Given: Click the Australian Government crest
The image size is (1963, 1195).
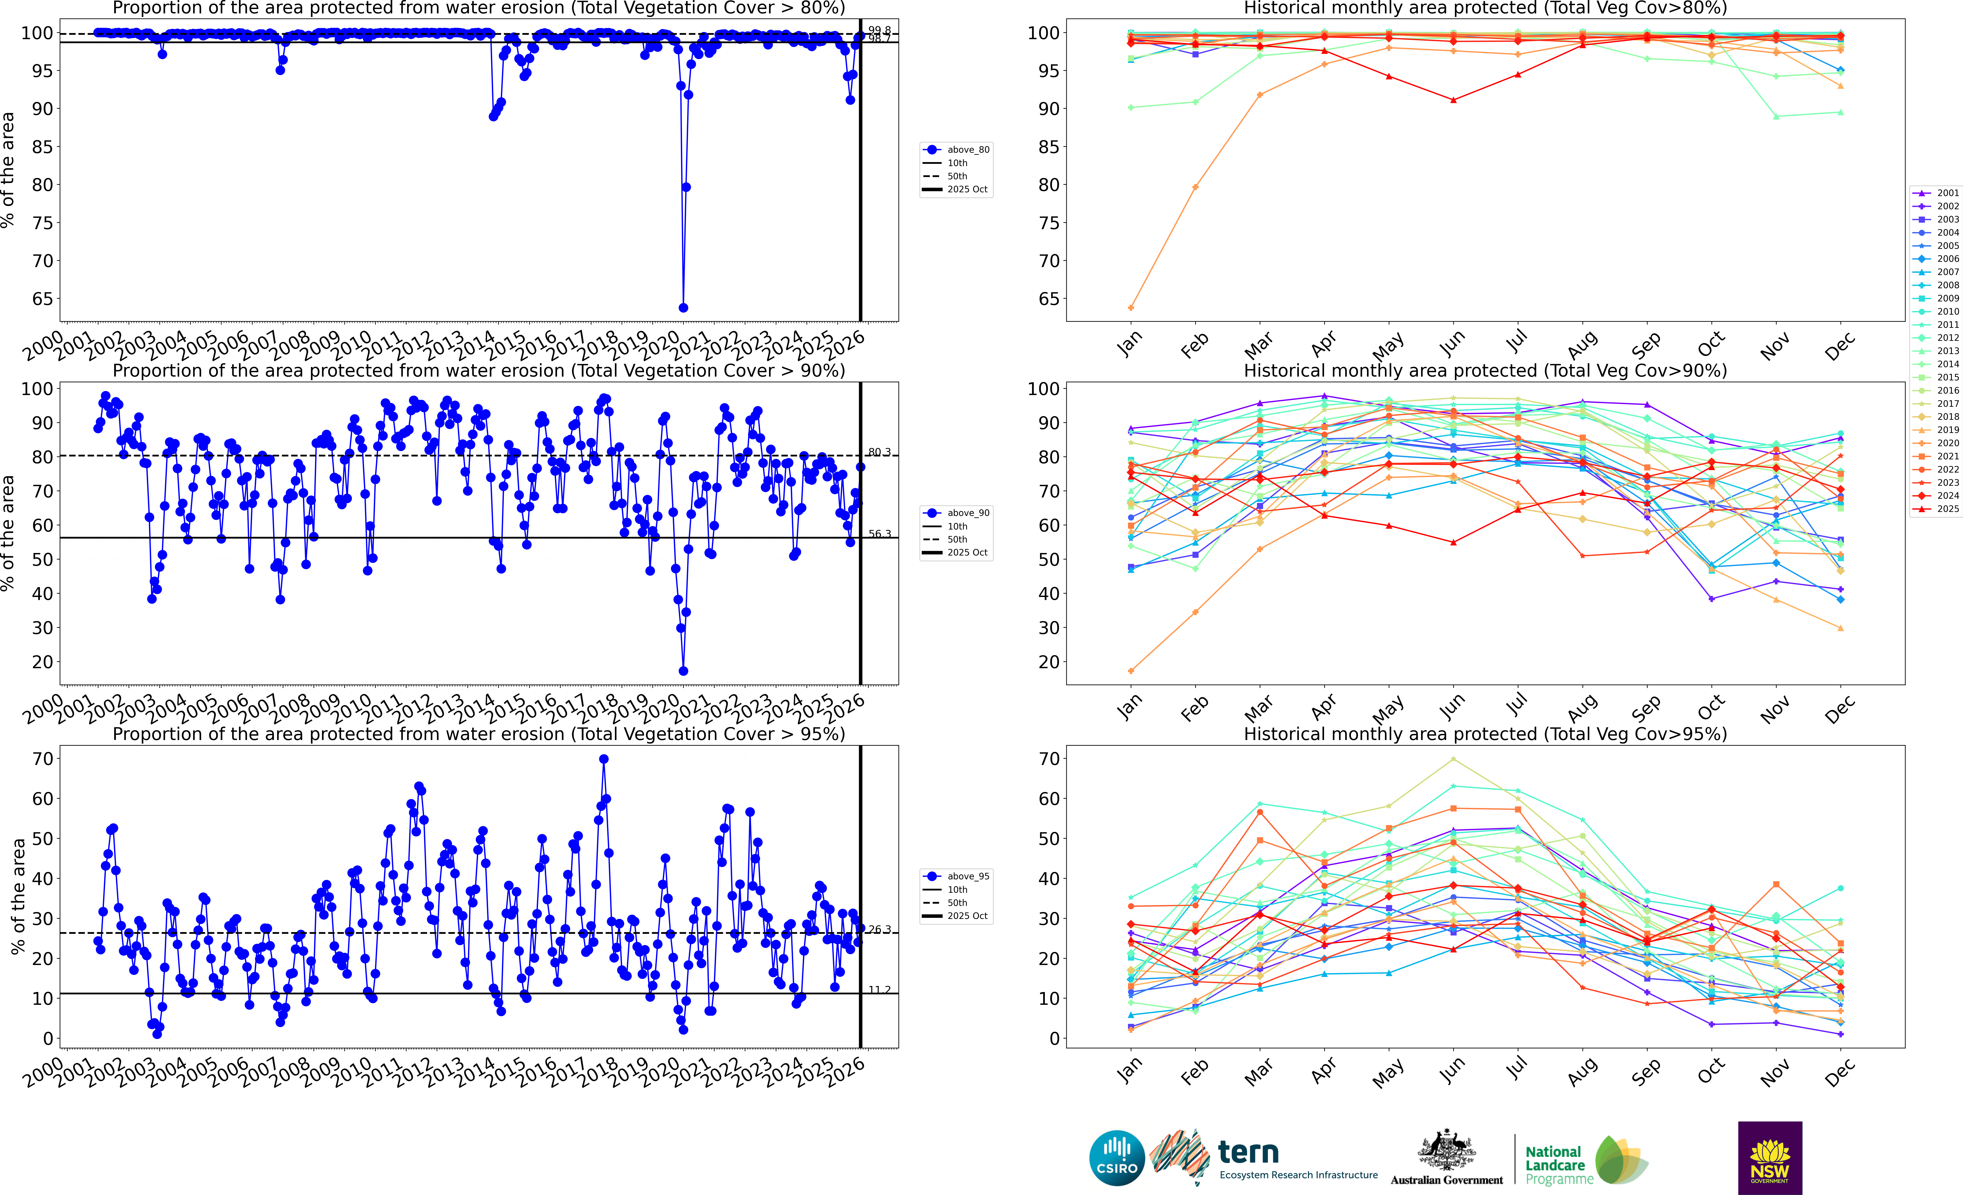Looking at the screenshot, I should [x=1446, y=1151].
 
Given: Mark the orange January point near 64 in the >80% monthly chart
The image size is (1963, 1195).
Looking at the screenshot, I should [x=1131, y=307].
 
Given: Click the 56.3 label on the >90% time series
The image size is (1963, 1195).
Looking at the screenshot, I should [x=880, y=534].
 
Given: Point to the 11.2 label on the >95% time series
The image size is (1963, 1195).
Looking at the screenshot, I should [x=880, y=990].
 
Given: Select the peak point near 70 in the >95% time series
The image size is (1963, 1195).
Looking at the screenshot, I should [x=604, y=759].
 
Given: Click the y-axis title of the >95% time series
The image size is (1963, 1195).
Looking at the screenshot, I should [x=18, y=896].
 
